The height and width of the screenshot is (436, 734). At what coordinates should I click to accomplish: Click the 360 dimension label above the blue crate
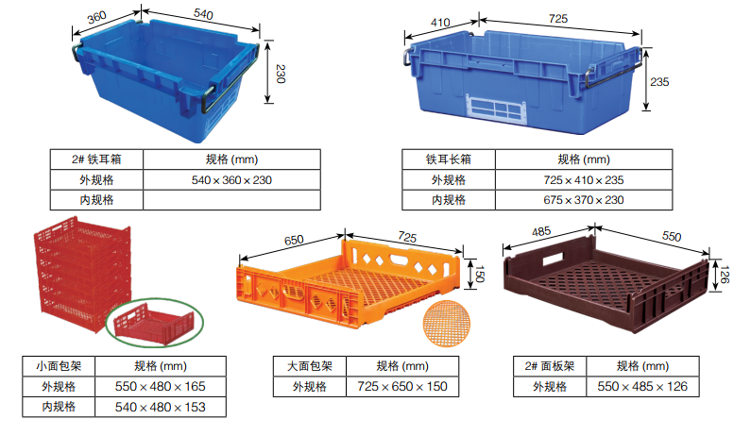[97, 17]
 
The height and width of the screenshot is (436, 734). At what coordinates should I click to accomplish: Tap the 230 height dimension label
[281, 74]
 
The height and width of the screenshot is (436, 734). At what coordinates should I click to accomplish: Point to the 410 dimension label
[440, 23]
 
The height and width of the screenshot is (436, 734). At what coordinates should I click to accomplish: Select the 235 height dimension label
[659, 82]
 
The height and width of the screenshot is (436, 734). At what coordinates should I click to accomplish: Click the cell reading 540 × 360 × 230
[231, 180]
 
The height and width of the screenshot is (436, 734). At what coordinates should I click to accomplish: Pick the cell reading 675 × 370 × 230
[584, 200]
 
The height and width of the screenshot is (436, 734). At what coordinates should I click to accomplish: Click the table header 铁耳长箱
[449, 159]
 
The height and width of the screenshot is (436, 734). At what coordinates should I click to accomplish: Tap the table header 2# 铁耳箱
[96, 159]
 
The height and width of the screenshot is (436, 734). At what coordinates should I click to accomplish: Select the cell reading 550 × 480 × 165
[160, 386]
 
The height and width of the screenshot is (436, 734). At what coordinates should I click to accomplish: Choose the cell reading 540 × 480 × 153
[160, 407]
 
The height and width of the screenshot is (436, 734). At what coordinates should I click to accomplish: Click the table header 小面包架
[59, 366]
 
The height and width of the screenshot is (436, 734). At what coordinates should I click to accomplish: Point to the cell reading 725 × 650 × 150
[402, 386]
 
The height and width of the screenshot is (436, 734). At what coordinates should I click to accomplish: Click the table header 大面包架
[310, 366]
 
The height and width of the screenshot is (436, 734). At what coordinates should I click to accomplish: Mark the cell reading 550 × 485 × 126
[642, 386]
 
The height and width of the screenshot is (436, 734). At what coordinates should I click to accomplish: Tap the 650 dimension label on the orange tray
[294, 240]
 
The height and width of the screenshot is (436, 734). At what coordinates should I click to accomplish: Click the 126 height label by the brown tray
[725, 275]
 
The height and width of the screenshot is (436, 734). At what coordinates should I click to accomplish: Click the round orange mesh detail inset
[446, 324]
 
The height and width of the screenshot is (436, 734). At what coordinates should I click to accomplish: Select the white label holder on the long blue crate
[495, 109]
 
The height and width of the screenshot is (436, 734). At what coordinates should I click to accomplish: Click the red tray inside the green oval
[155, 324]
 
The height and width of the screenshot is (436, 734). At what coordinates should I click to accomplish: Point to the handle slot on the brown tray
[554, 259]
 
